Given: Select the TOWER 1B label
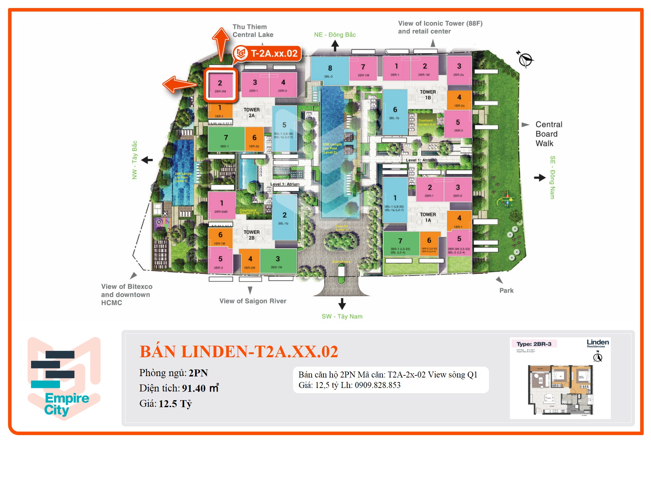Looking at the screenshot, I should (x=428, y=95).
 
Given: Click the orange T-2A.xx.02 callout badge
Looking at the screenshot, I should (x=267, y=53).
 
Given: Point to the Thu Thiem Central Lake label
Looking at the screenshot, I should (x=253, y=31).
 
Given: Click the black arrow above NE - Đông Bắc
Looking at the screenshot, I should (x=335, y=45).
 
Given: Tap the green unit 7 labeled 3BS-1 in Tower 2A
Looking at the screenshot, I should (x=226, y=139).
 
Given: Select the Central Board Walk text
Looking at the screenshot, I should (x=549, y=134).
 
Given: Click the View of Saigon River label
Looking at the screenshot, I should (x=253, y=301).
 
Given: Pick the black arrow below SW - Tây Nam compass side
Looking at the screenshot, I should (x=342, y=304).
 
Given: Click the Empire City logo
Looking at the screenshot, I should (x=64, y=379).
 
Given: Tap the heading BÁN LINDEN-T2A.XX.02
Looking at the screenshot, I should (x=239, y=352).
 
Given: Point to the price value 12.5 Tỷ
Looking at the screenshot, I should (x=175, y=404).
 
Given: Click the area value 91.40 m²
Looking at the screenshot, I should (x=200, y=388).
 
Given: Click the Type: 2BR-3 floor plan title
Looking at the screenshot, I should (x=534, y=344).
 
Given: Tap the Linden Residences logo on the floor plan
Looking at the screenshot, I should (x=598, y=343).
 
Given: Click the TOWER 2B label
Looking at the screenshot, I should (x=251, y=235).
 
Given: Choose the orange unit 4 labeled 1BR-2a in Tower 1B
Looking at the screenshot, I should (x=459, y=100).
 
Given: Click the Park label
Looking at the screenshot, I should (x=506, y=291).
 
